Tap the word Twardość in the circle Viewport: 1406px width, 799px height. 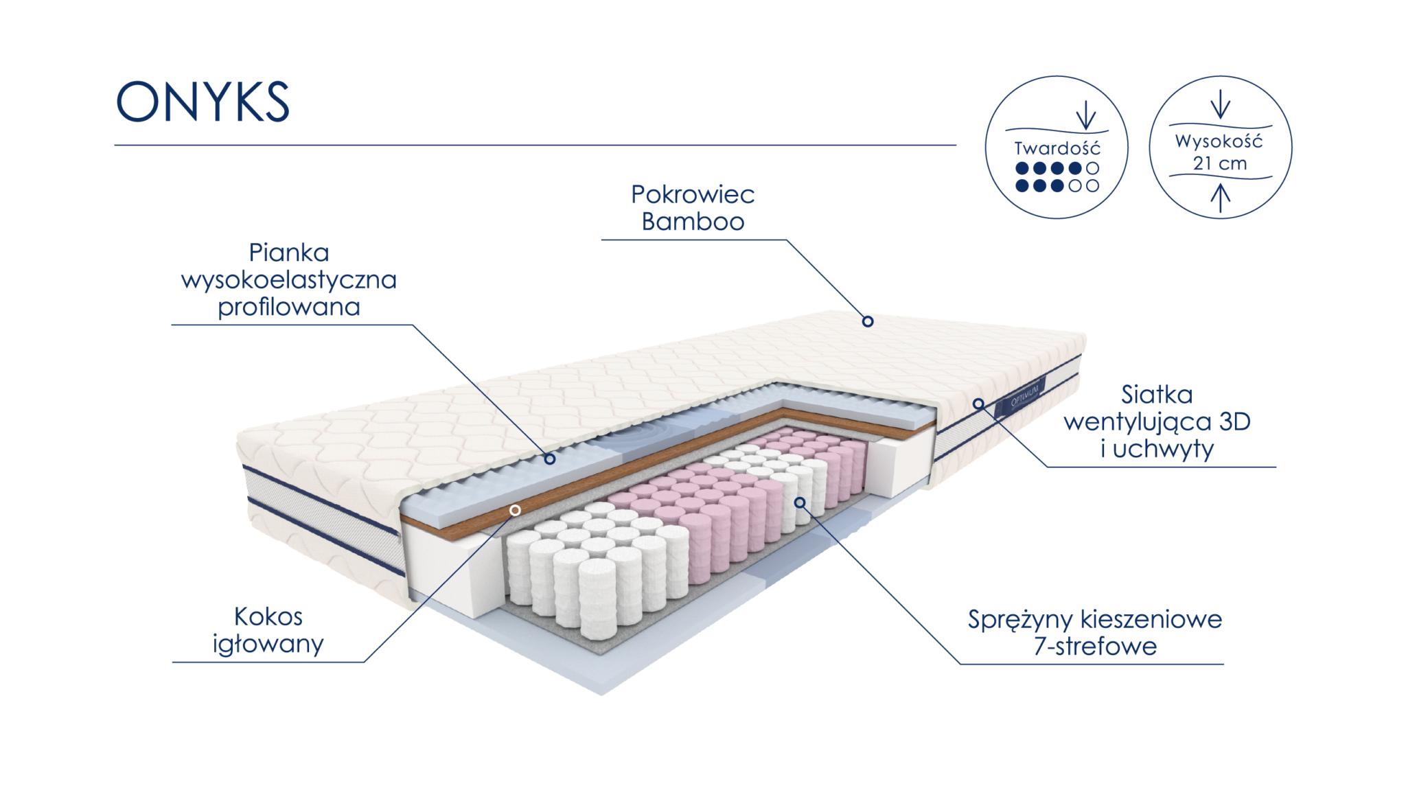(x=1057, y=148)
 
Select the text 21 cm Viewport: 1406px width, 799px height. (x=1220, y=164)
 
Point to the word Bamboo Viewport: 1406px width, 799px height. (x=693, y=222)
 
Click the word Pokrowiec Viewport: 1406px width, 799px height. (x=693, y=194)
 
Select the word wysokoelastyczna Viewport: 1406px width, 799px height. (x=289, y=280)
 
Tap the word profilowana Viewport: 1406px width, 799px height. (x=289, y=307)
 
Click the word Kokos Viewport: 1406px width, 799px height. (x=268, y=616)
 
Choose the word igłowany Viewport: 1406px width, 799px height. (x=268, y=644)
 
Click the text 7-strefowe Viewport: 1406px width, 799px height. (x=1095, y=647)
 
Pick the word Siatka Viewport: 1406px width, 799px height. (x=1156, y=395)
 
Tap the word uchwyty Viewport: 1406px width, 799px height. (x=1163, y=449)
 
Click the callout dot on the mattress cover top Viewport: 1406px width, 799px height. (x=868, y=321)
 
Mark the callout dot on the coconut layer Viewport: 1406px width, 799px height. (x=515, y=511)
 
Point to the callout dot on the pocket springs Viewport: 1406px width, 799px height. (x=800, y=502)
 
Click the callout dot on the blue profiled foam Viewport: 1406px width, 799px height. (x=549, y=459)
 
